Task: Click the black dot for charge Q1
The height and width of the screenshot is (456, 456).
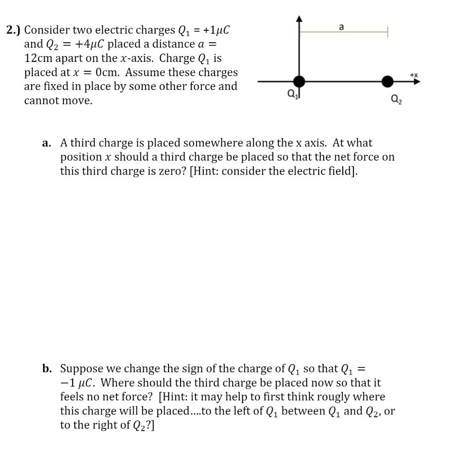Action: [x=300, y=82]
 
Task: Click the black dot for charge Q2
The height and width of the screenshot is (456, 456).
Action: [x=388, y=82]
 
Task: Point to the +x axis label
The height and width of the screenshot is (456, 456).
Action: [x=414, y=75]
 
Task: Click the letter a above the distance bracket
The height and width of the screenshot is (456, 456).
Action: [x=341, y=27]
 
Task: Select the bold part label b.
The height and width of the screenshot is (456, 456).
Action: [x=47, y=369]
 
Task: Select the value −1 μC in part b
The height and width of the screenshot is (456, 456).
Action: [x=76, y=383]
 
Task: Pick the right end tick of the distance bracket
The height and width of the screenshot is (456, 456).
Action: [x=388, y=32]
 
